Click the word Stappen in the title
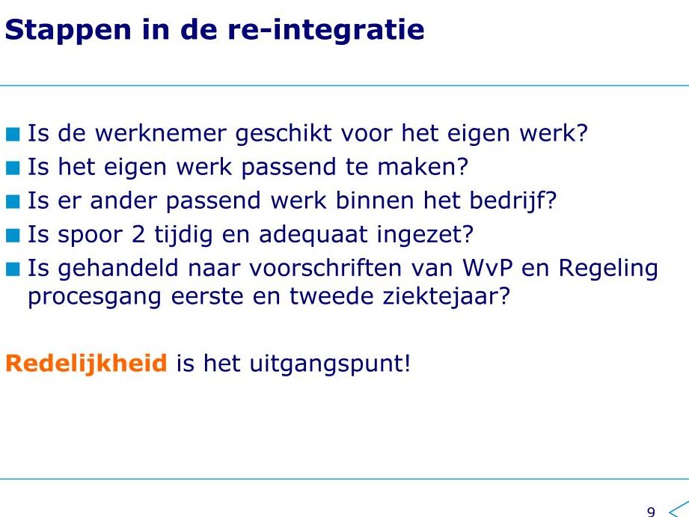point(68,31)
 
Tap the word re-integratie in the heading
point(325,29)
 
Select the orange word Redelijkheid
point(86,364)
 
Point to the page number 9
point(651,511)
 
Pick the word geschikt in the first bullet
point(284,134)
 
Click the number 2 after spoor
point(138,234)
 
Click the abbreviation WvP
point(487,268)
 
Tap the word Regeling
point(608,269)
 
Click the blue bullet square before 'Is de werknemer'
point(13,134)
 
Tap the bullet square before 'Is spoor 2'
point(13,236)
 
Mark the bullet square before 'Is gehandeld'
point(13,269)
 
